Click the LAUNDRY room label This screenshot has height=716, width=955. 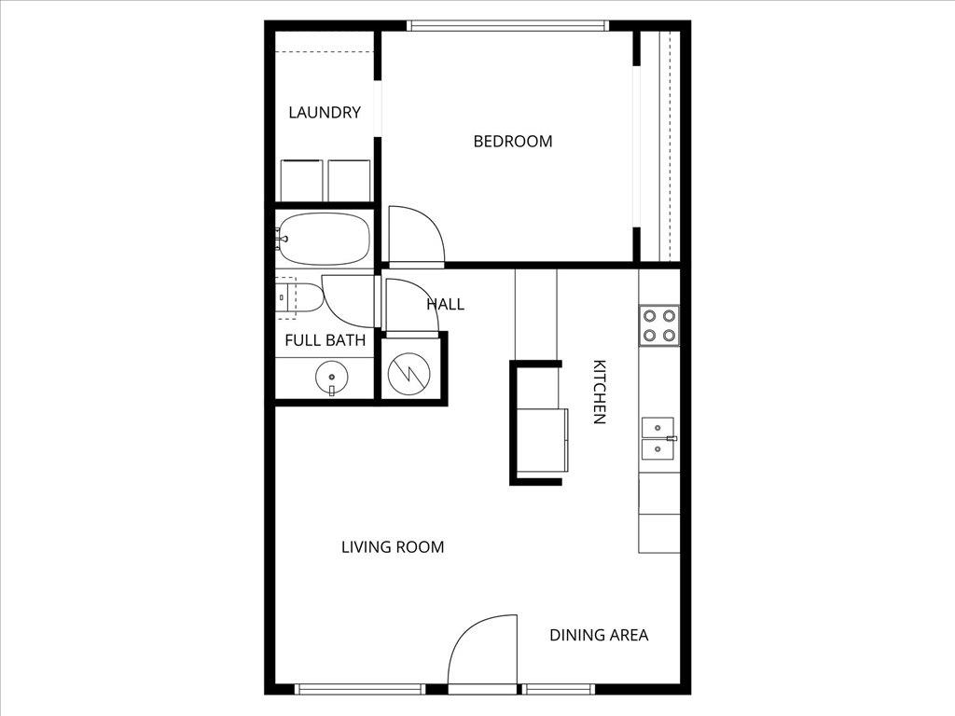pos(325,113)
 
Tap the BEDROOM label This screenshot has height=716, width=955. pos(513,142)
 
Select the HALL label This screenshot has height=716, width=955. pos(445,304)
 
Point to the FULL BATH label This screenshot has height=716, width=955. pos(325,340)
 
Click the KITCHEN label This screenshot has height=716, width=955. pos(600,392)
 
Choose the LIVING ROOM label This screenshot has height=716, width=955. pos(393,547)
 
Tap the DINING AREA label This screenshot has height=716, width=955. pos(599,635)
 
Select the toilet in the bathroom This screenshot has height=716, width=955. pos(301,297)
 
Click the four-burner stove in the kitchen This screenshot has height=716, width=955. pos(659,325)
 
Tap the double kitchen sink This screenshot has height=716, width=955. pos(658,439)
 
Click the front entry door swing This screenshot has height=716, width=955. pos(483,653)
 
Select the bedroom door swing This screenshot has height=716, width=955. pos(415,235)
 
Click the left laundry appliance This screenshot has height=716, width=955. pos(302,180)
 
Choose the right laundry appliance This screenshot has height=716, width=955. pos(350,180)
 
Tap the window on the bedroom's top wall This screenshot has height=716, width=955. pos(508,26)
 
